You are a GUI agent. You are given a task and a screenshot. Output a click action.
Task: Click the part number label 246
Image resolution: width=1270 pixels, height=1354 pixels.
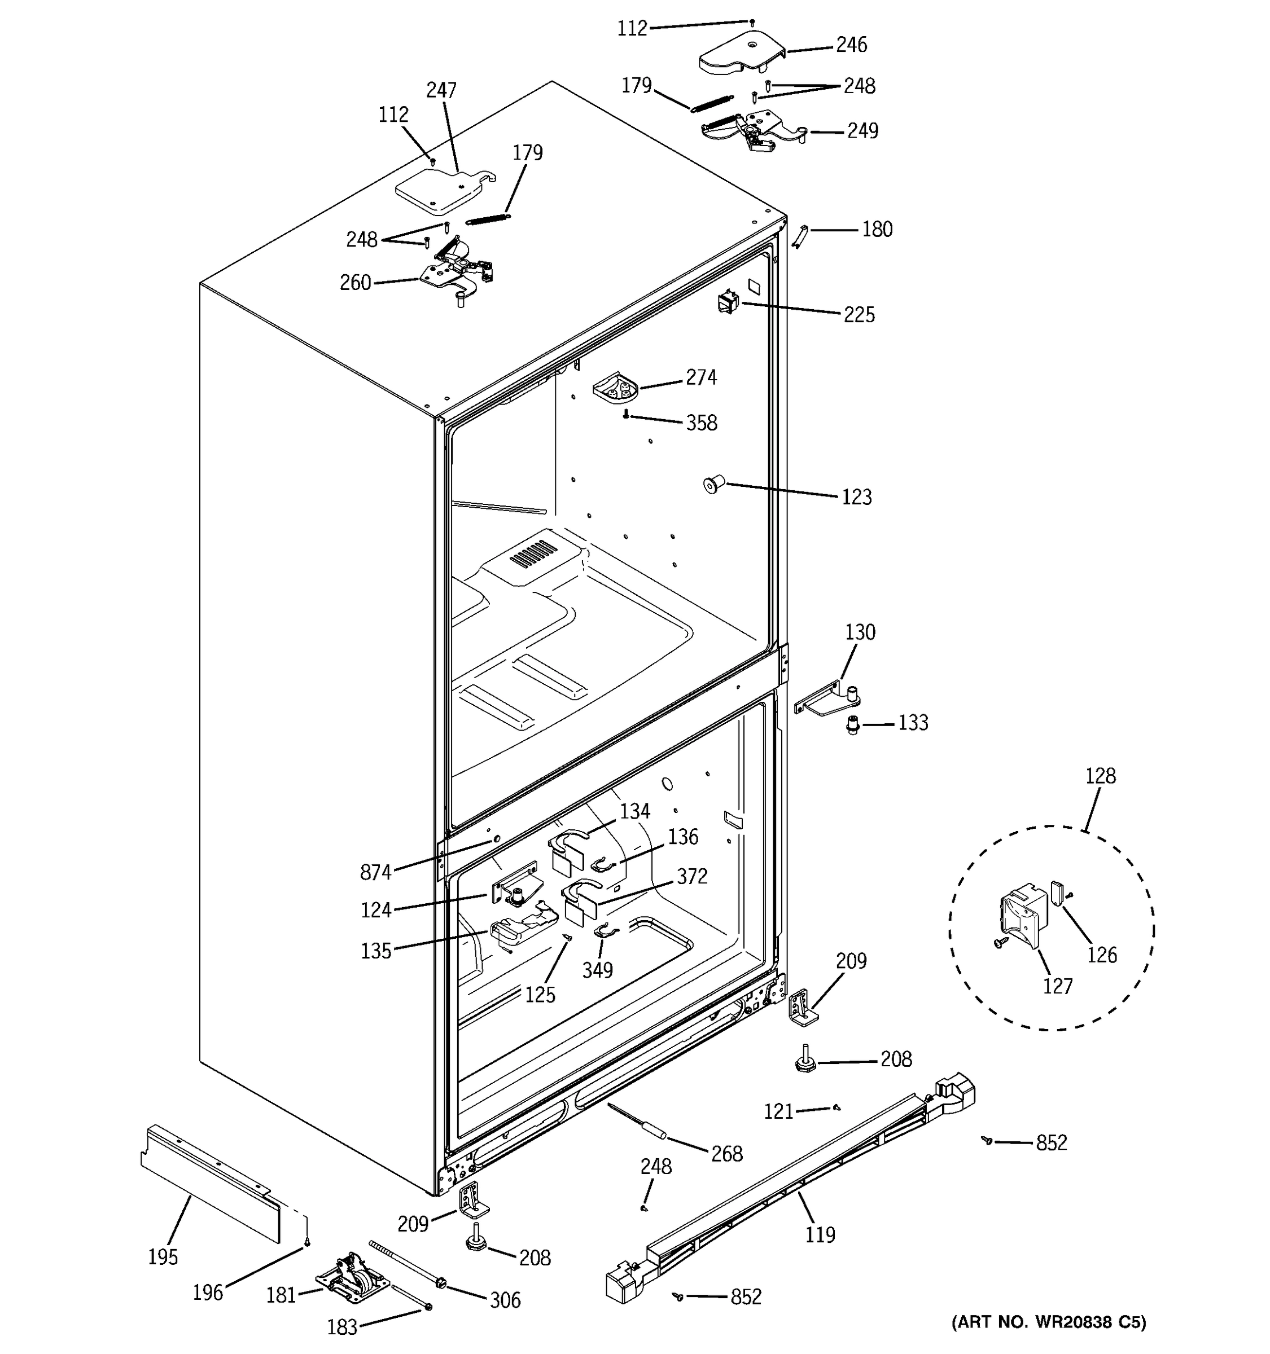(x=851, y=45)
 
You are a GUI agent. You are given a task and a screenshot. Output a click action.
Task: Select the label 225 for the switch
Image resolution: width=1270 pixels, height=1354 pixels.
(x=859, y=315)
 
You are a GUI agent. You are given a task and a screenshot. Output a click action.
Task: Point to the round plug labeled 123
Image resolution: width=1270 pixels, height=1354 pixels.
(x=712, y=485)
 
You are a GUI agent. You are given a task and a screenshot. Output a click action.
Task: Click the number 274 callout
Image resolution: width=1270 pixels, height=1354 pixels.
(x=701, y=377)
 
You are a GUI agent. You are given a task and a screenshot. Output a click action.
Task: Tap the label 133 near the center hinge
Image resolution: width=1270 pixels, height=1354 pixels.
(x=912, y=723)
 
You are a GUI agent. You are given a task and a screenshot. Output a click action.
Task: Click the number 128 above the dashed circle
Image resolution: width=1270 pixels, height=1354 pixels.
(x=1100, y=776)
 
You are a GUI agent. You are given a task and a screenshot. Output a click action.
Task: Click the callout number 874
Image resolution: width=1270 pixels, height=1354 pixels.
(x=375, y=872)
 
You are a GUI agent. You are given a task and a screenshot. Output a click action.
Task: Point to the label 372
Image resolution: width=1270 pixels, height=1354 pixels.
(x=691, y=877)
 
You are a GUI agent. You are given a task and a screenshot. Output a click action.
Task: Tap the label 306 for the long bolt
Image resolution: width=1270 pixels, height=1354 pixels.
(x=505, y=1300)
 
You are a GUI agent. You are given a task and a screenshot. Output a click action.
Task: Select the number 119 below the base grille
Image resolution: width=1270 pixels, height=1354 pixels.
(x=820, y=1234)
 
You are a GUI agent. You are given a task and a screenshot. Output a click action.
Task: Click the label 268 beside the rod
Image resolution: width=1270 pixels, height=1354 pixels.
(x=726, y=1154)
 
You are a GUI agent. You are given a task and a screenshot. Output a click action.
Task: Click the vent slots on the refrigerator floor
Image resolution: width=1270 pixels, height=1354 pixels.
(x=533, y=555)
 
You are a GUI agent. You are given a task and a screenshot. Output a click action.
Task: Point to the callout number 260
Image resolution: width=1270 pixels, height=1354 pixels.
(x=355, y=283)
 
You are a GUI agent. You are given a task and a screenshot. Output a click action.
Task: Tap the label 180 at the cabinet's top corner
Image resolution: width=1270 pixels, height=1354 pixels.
(x=877, y=230)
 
